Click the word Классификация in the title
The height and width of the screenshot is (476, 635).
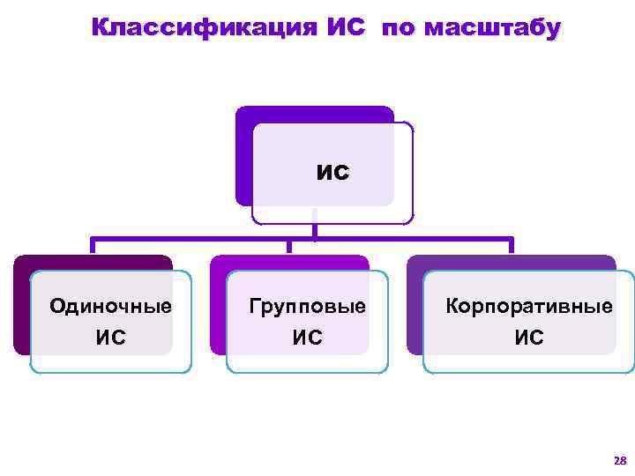(208, 28)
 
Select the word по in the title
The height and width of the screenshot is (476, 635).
(399, 28)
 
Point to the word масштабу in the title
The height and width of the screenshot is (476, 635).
(491, 28)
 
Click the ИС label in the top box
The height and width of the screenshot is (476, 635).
(332, 171)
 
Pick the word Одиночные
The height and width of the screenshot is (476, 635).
(110, 307)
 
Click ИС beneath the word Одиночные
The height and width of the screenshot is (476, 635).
(110, 337)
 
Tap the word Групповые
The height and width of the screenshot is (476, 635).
(307, 307)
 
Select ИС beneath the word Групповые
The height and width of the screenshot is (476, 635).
(307, 337)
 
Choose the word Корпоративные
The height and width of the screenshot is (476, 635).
(528, 307)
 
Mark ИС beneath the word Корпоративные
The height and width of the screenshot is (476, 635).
(528, 337)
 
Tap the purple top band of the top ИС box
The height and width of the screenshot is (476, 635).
(313, 114)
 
